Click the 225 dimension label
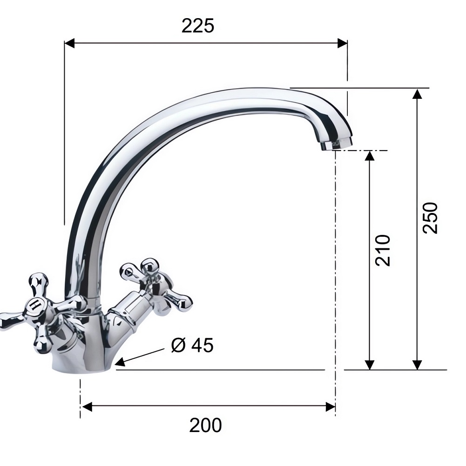coord(198,26)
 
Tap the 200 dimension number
coord(205,425)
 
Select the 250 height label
coord(430,218)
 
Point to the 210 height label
coord(383,250)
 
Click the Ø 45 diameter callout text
coord(192,345)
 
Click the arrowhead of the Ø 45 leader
coord(120,362)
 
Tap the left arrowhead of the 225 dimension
coord(69,43)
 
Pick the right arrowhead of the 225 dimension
coord(342,43)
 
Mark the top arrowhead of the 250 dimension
coord(418,94)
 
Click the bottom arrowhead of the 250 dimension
coord(418,365)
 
